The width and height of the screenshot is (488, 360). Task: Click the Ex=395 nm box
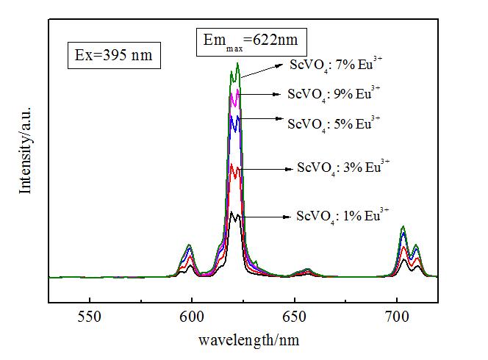tap(114, 54)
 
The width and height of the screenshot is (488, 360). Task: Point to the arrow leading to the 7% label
tap(261, 69)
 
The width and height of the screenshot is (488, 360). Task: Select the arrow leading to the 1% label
tap(265, 217)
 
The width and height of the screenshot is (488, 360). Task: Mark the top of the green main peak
tap(237, 63)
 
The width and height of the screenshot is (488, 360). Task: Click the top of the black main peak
tap(232, 212)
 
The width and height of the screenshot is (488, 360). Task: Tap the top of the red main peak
tap(233, 165)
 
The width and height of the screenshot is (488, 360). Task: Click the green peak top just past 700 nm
tap(403, 227)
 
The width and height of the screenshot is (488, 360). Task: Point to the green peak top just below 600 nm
tap(190, 245)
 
